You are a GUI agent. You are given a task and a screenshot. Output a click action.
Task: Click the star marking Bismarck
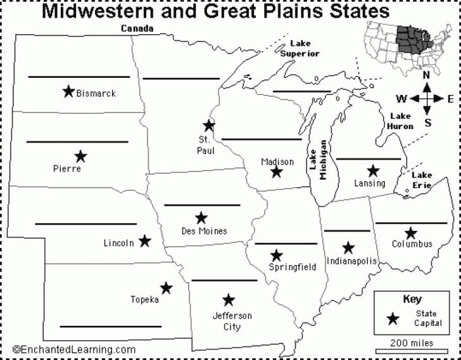68,91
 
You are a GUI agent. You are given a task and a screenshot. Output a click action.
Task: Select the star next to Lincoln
145,240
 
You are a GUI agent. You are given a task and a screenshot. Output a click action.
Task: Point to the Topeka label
144,299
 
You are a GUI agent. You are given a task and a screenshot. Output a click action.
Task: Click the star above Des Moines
201,218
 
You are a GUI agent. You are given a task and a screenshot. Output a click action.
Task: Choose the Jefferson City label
232,321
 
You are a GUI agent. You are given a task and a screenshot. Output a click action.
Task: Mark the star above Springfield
276,256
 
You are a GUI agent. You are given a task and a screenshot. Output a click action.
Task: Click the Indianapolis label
351,261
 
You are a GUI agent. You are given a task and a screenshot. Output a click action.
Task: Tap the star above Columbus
411,233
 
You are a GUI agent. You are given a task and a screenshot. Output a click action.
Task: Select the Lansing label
370,183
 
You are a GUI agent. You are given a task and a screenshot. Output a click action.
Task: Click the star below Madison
276,171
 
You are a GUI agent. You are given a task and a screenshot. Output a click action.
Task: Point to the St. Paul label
206,145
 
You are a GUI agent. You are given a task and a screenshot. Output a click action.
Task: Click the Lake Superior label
300,49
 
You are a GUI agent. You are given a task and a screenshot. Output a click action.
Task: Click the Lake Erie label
422,179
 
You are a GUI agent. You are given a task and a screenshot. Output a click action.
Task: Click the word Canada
137,28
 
